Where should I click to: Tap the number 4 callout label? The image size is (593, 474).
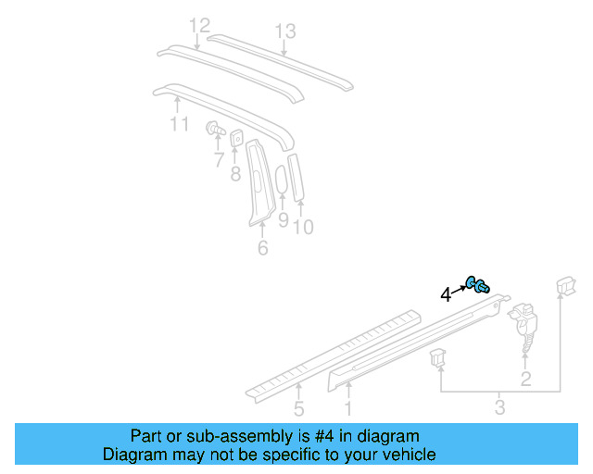(x=446, y=294)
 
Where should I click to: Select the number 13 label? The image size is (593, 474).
(x=284, y=31)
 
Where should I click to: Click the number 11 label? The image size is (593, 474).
(x=179, y=123)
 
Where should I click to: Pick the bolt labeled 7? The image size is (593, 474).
(x=216, y=130)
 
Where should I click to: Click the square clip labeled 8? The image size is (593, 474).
(x=236, y=138)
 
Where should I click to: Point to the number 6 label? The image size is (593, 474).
(x=262, y=248)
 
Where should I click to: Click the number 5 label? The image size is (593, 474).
(x=298, y=408)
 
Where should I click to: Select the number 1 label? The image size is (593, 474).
(x=348, y=407)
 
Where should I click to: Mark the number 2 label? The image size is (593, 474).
(x=525, y=379)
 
